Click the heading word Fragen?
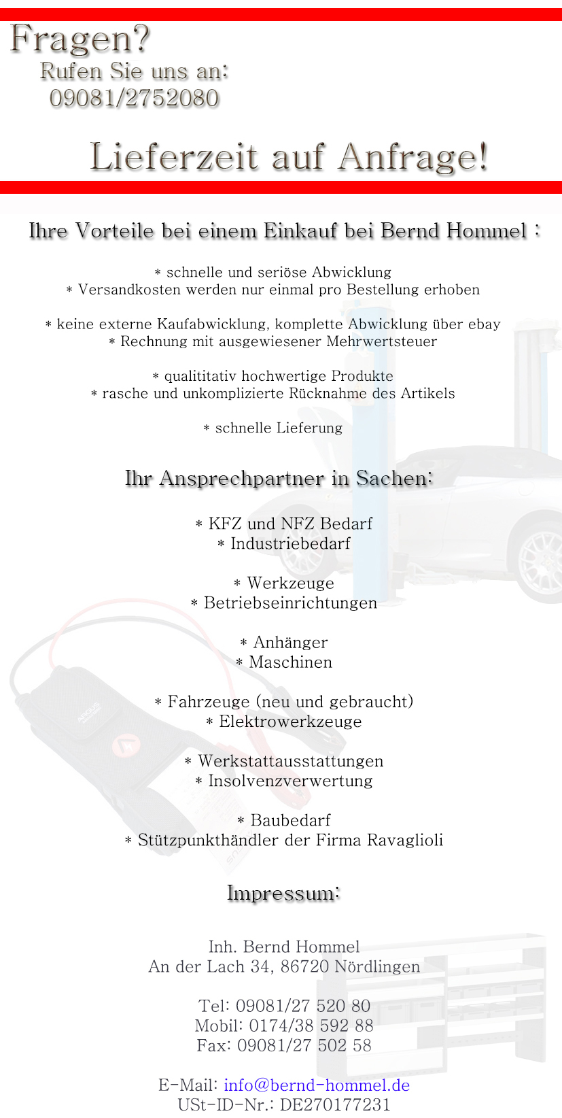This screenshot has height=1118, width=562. point(80,39)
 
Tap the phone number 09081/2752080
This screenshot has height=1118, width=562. point(134,99)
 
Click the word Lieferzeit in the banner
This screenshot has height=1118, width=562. point(174,157)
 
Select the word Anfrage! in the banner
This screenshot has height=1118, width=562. point(413,157)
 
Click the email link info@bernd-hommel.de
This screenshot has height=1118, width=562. point(317,1085)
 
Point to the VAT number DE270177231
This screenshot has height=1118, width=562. point(335,1104)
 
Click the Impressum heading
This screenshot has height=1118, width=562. point(283,893)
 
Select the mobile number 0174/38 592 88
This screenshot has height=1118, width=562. point(311,1026)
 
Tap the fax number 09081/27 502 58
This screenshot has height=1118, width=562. point(304,1045)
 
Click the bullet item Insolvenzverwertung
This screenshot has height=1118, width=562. point(291,781)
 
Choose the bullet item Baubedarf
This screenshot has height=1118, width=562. point(291,820)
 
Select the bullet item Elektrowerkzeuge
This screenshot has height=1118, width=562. point(291,722)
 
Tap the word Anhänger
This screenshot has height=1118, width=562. point(291,643)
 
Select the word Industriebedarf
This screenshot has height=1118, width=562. point(291,544)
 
